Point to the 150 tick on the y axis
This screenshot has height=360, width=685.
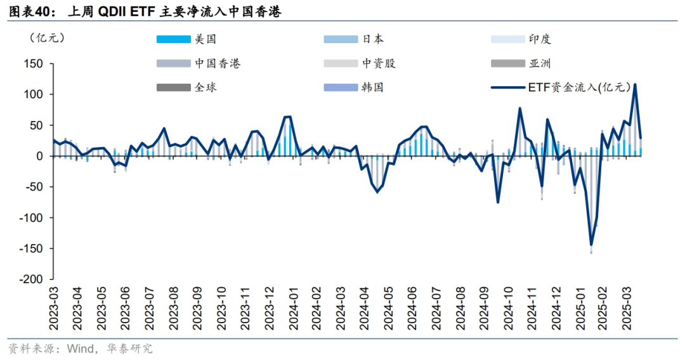(32, 64)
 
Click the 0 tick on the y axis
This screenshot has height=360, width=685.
(39, 157)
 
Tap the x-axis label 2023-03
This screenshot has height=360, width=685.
(54, 308)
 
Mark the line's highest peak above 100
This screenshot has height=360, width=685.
(635, 84)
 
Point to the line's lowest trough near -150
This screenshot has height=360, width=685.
(591, 245)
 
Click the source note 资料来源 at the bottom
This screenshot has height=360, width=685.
(81, 349)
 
